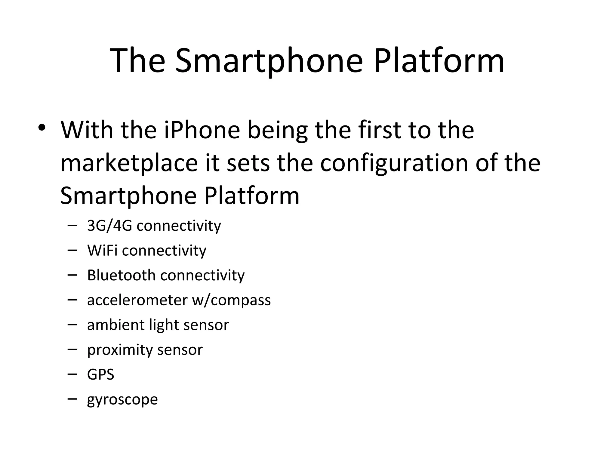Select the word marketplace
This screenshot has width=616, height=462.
pyautogui.click(x=129, y=163)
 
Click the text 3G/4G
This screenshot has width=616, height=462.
pyautogui.click(x=109, y=226)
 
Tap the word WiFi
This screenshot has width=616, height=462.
pyautogui.click(x=102, y=250)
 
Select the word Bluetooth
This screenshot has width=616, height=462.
pyautogui.click(x=121, y=275)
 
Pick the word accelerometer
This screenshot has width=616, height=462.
pyautogui.click(x=137, y=300)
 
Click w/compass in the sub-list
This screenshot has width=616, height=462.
pyautogui.click(x=231, y=300)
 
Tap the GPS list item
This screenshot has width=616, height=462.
pyautogui.click(x=100, y=375)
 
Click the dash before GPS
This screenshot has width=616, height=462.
pyautogui.click(x=72, y=374)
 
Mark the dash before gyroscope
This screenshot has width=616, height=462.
pyautogui.click(x=72, y=399)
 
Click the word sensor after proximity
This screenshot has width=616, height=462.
pyautogui.click(x=180, y=350)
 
